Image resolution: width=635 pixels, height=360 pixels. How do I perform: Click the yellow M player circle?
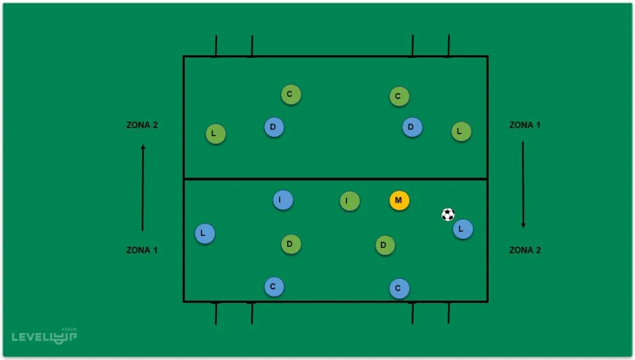(399, 200)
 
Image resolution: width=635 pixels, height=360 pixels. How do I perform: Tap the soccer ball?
(448, 214)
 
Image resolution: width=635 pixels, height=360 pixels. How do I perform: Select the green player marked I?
(349, 200)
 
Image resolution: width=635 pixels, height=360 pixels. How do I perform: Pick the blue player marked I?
(283, 200)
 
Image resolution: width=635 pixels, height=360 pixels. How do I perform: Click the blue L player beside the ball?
(462, 229)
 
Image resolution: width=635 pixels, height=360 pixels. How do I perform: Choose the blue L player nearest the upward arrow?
(205, 234)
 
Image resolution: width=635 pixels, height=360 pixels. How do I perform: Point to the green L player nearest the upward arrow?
(215, 134)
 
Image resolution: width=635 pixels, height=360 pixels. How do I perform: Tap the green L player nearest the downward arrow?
(461, 132)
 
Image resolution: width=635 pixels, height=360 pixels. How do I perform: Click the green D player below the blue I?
(291, 244)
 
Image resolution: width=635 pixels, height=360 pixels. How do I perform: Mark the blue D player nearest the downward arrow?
(412, 126)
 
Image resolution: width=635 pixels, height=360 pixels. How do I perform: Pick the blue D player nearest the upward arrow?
(273, 127)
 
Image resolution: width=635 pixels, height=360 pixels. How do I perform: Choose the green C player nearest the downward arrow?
(399, 96)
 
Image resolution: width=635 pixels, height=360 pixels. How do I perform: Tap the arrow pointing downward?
(523, 184)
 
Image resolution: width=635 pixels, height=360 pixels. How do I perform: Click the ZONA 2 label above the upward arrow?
(142, 125)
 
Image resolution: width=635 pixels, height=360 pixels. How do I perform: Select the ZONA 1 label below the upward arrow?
(142, 250)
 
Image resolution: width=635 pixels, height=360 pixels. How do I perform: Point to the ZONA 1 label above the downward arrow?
(524, 125)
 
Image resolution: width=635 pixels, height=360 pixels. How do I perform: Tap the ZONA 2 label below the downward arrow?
(524, 250)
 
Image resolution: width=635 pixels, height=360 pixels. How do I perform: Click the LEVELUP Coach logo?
(44, 335)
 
